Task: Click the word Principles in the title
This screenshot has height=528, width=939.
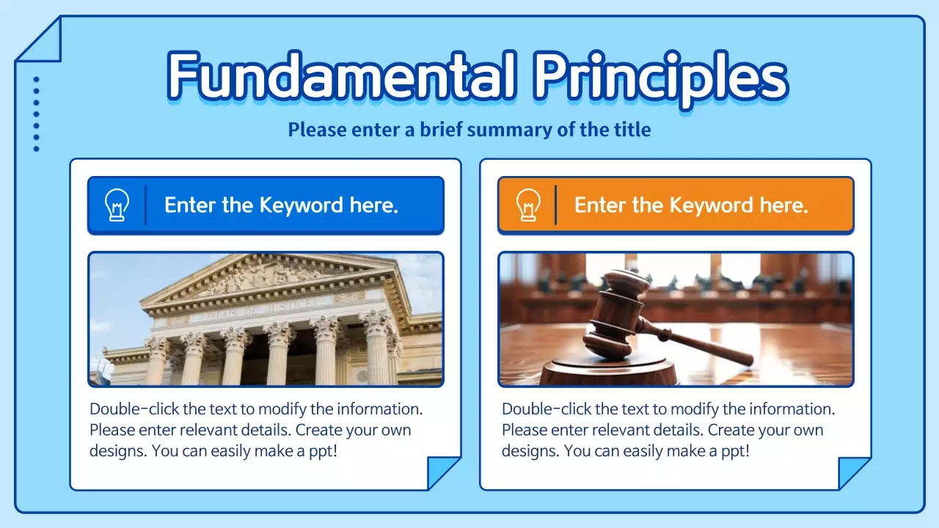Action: coord(660,76)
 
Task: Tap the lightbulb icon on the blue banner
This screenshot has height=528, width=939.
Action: coord(117,205)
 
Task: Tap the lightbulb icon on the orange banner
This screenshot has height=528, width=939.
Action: coord(527,205)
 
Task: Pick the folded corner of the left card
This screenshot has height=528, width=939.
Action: coord(443,472)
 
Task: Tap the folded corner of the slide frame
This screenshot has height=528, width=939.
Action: coord(40,40)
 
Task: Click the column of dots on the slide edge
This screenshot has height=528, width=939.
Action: coord(36,114)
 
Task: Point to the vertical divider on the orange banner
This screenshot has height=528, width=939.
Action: coord(555,205)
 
